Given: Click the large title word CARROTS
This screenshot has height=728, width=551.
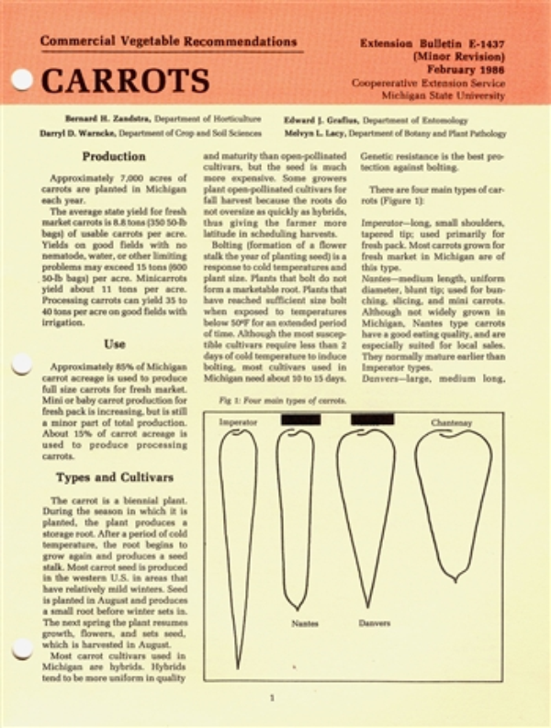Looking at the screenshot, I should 125,81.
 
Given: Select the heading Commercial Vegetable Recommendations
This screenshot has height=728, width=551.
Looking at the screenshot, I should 169,42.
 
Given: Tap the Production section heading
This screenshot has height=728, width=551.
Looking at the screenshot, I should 114,157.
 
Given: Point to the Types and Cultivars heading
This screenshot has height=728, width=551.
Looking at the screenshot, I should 114,477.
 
